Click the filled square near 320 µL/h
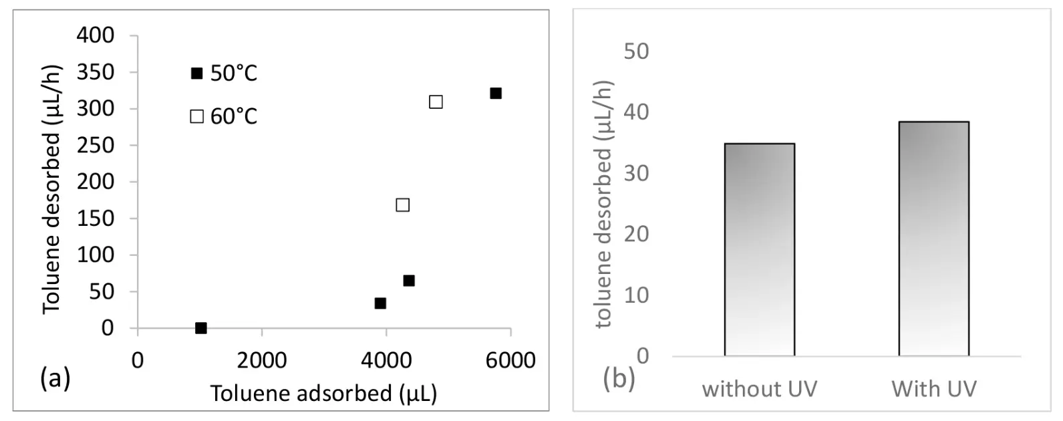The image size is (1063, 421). (496, 94)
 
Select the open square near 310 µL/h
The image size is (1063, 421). (436, 102)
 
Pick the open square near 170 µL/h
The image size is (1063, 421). (402, 205)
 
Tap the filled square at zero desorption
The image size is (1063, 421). (201, 328)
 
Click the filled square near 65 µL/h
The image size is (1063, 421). (409, 281)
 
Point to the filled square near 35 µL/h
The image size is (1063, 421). (380, 303)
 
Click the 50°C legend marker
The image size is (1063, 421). (196, 74)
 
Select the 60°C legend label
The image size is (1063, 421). (234, 117)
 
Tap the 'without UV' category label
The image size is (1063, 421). (759, 389)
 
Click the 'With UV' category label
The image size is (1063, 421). (933, 389)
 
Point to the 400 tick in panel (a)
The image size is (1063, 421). (95, 35)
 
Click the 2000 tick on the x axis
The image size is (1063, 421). (262, 361)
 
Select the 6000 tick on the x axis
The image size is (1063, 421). (510, 361)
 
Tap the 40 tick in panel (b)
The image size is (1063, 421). (636, 112)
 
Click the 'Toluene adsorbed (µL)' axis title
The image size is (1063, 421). (323, 394)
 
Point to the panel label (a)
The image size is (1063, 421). (55, 379)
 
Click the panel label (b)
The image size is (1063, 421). (619, 379)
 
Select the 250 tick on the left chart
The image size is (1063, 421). (95, 145)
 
